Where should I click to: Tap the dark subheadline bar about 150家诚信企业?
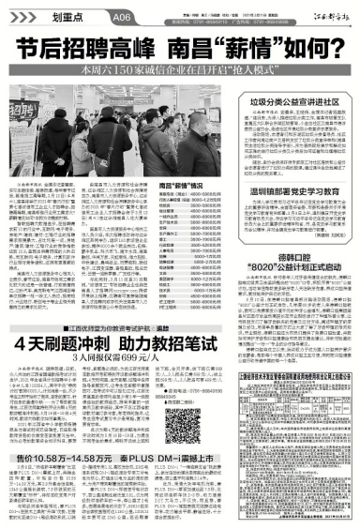coord(180,68)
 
